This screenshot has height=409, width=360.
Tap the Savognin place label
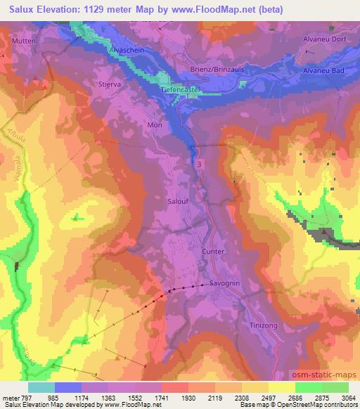(225, 284)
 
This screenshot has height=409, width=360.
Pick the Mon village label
(154, 124)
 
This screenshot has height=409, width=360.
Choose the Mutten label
(25, 42)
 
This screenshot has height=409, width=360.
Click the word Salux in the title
(17, 10)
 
